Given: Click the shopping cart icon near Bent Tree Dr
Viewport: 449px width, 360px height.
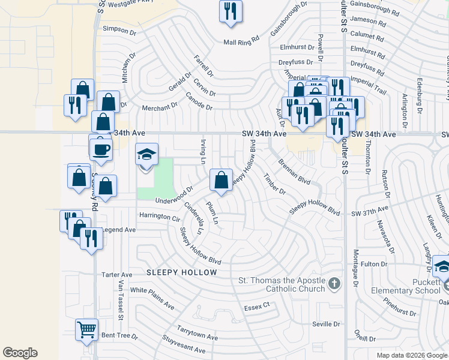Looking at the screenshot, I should (x=86, y=329).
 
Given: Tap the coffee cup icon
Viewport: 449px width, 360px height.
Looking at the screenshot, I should (x=101, y=150).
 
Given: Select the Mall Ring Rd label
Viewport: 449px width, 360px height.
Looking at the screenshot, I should (x=241, y=42).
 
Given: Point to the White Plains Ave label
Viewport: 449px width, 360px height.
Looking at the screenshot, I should (x=152, y=298).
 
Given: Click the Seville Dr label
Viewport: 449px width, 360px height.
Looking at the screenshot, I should (x=326, y=324).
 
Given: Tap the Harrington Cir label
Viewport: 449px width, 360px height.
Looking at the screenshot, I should (x=159, y=216).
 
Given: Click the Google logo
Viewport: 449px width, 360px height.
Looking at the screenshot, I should (x=20, y=353).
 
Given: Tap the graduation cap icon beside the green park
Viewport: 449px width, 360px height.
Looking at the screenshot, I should (x=146, y=155).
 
